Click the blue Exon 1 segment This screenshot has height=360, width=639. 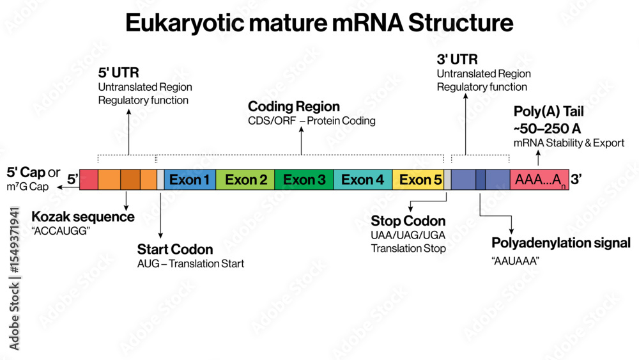tap(190, 180)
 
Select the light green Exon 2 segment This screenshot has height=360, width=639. tap(245, 180)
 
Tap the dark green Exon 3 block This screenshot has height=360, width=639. tap(304, 180)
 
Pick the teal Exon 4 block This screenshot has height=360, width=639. tap(362, 180)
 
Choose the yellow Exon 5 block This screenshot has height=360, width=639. tap(418, 180)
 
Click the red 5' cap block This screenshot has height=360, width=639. tap(89, 180)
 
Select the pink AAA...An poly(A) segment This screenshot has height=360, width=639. tap(539, 180)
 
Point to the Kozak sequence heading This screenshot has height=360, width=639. tap(83, 217)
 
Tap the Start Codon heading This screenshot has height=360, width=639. tap(175, 249)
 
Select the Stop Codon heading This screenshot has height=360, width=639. tap(408, 221)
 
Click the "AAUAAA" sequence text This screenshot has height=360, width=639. tap(516, 261)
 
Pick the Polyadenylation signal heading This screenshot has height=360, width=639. tap(561, 243)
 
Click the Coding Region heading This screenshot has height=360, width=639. tap(294, 106)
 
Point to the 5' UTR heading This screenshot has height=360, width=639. tap(118, 73)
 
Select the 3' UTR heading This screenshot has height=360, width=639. tap(458, 60)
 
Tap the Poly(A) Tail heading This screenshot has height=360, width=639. tap(548, 112)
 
